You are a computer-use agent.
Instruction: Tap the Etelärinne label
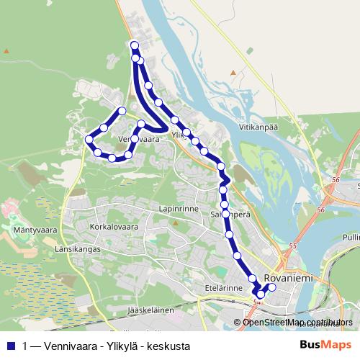point(222,288)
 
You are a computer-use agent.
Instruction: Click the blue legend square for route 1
point(10,346)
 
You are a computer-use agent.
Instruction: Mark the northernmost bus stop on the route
point(134,46)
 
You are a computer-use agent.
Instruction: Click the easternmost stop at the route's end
point(272,288)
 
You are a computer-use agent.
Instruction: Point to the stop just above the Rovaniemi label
point(252,279)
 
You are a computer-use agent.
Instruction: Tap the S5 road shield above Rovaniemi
point(292,246)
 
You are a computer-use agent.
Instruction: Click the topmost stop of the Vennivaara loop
point(122,111)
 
